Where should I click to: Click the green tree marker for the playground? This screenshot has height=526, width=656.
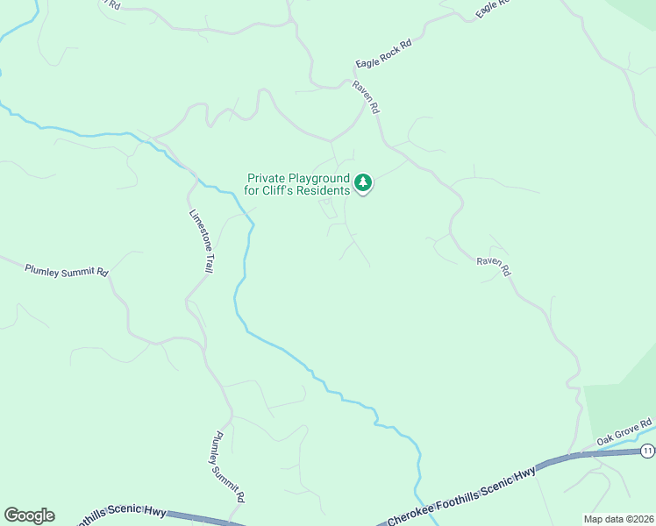pos(363,182)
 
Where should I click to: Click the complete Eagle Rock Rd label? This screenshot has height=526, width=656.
pos(383,53)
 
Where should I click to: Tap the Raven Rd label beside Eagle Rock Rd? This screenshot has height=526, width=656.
pos(366,96)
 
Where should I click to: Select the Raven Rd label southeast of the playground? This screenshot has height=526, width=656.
pos(494,267)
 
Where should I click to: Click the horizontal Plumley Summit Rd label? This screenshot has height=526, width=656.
pos(66,271)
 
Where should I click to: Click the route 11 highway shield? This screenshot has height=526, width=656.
pos(647,451)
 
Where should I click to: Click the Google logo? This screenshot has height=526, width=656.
pos(29,515)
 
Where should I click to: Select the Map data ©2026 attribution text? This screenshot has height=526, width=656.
pos(617,518)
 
